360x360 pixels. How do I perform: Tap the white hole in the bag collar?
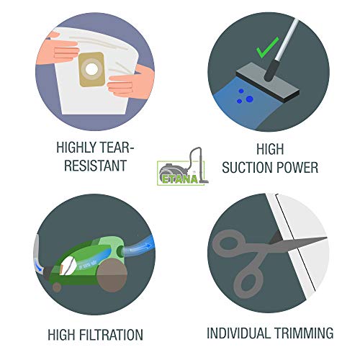pyautogui.click(x=91, y=70)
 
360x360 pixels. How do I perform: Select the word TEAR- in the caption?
pyautogui.click(x=117, y=147)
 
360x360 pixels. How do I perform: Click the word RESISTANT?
pyautogui.click(x=95, y=166)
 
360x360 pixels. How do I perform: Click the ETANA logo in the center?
pyautogui.click(x=182, y=166)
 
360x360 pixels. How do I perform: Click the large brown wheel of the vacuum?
pyautogui.click(x=112, y=276)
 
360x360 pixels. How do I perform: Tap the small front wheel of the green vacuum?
pyautogui.click(x=57, y=287)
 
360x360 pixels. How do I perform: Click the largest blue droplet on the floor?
pyautogui.click(x=249, y=99)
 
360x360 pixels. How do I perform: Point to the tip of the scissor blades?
pyautogui.click(x=327, y=238)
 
